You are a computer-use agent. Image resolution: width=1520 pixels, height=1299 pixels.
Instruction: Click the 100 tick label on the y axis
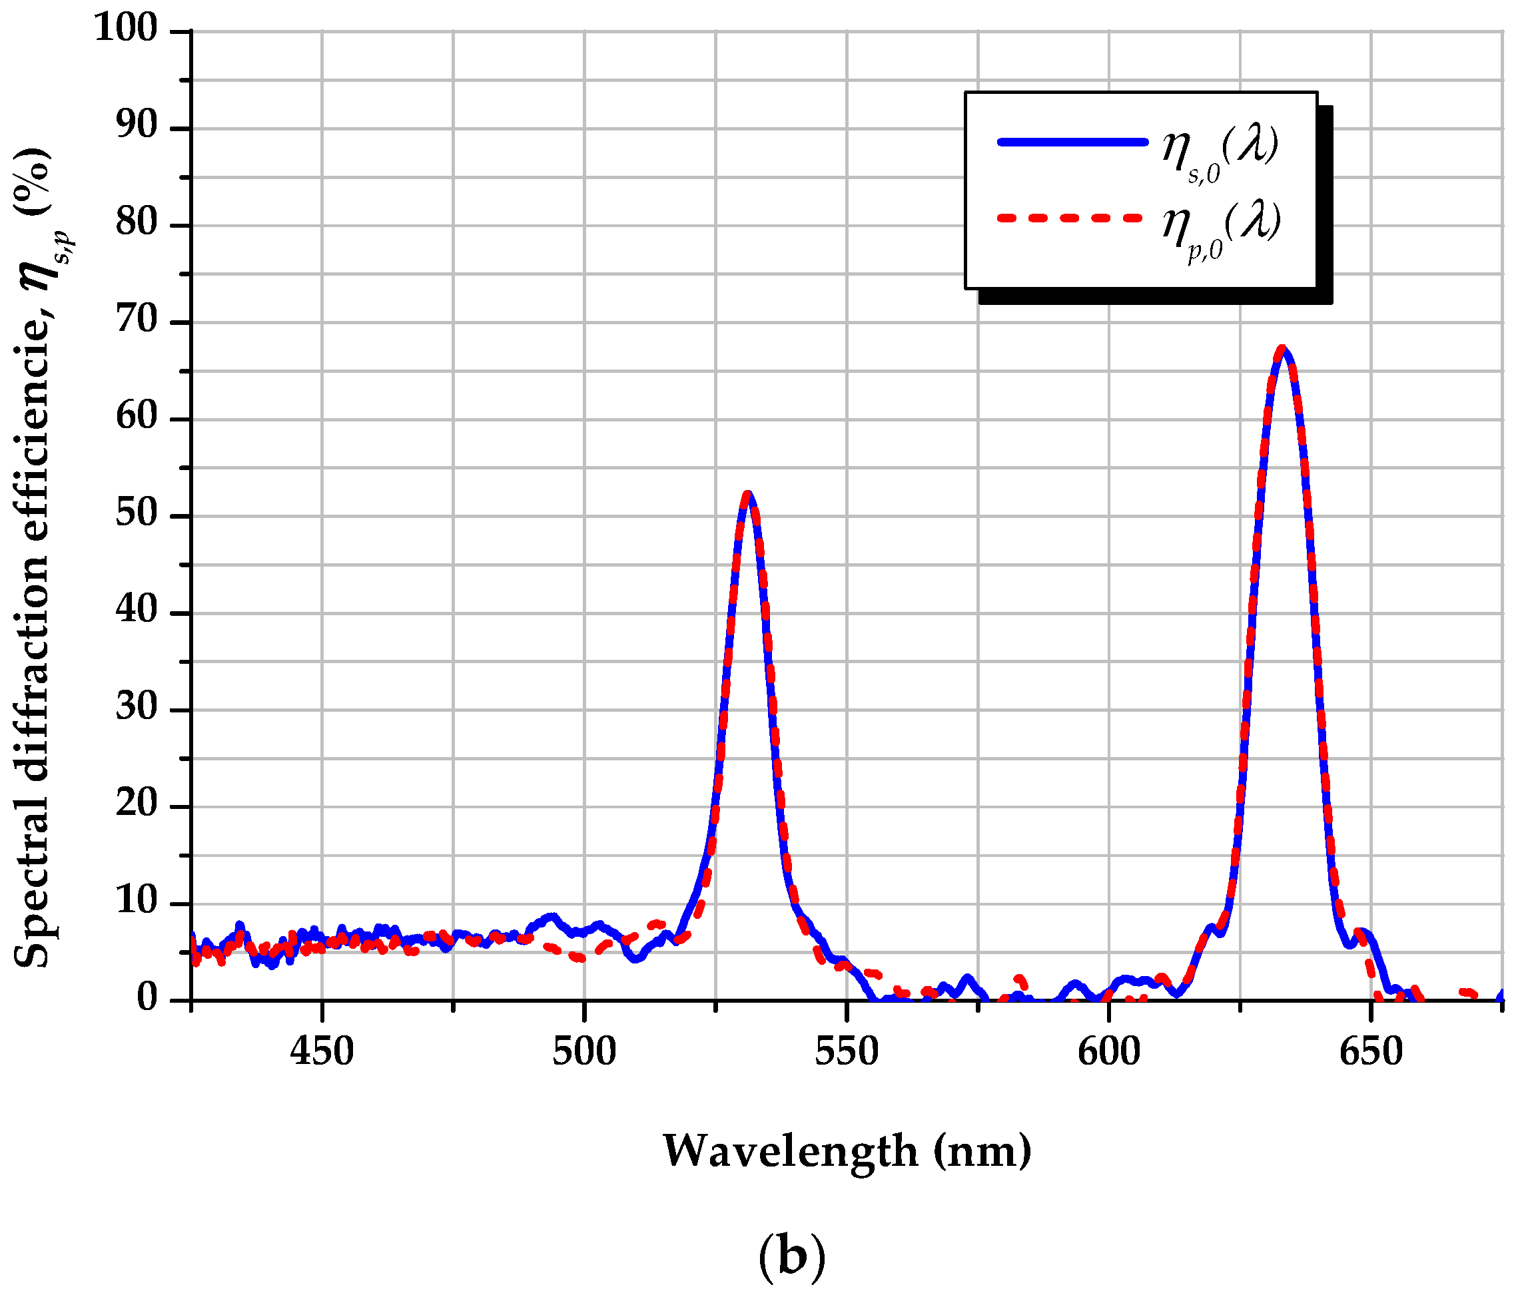[x=125, y=29]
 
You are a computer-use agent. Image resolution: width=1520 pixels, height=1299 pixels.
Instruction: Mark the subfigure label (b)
[x=791, y=1256]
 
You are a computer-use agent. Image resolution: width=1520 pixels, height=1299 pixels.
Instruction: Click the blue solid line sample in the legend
[x=1072, y=142]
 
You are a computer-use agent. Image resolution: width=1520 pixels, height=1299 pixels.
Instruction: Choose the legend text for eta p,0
[x=1222, y=228]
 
